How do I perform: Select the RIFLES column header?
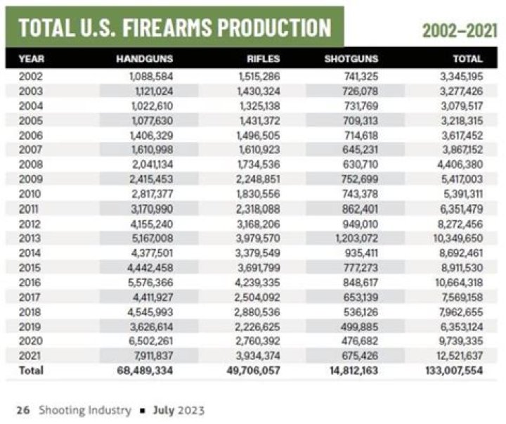coord(263,59)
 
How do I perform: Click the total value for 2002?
coord(460,75)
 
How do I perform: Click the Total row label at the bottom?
coord(31,370)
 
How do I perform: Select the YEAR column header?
coord(31,59)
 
